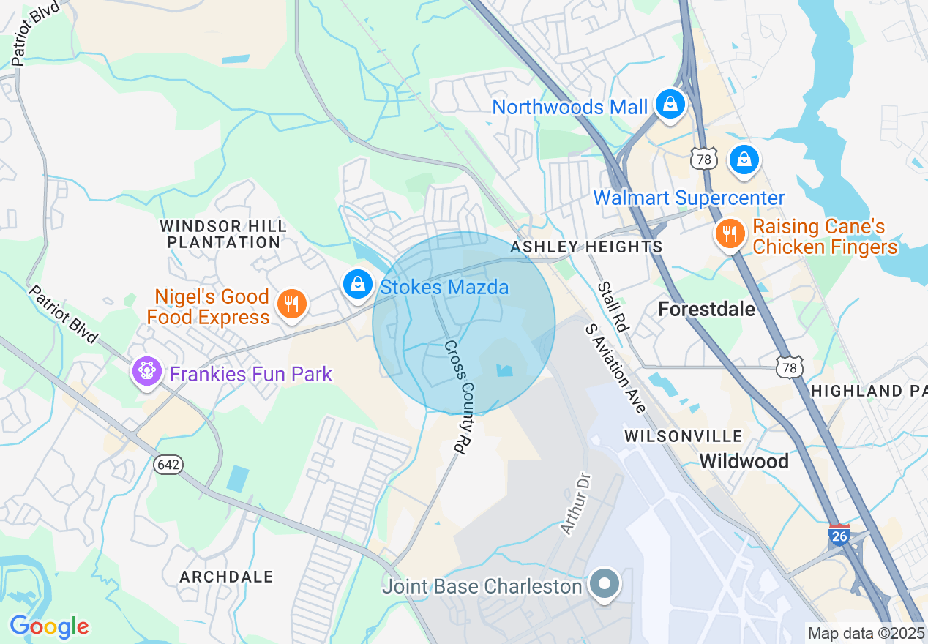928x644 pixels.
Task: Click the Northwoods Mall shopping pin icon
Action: [670, 105]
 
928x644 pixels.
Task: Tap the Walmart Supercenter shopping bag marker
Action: [744, 160]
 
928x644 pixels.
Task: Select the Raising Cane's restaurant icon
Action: [730, 234]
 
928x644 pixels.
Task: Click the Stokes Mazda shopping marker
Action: [358, 284]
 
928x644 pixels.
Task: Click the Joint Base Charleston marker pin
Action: [605, 585]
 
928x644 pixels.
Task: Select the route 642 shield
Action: [168, 465]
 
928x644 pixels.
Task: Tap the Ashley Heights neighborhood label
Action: [586, 247]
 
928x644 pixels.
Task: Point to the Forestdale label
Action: [706, 309]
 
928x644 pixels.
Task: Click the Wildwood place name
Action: [744, 461]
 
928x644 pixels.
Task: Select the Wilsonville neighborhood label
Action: [683, 436]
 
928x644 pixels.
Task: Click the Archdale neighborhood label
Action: [226, 577]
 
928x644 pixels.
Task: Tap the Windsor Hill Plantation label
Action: [223, 233]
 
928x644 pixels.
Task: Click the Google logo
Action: [49, 627]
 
